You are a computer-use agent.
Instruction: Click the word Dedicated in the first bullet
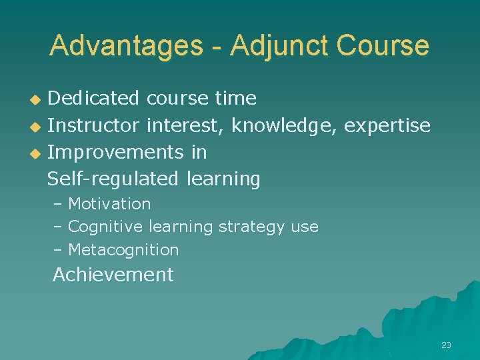point(93,99)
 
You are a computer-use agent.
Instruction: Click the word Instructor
point(93,125)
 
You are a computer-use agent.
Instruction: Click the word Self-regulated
point(113,179)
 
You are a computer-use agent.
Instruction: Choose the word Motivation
point(109,203)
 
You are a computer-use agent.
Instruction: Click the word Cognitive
point(105,227)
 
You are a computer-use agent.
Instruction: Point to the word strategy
point(252,227)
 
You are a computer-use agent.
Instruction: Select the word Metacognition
point(123,250)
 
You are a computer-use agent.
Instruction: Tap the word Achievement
point(113,275)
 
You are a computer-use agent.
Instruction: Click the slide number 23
point(446,345)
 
